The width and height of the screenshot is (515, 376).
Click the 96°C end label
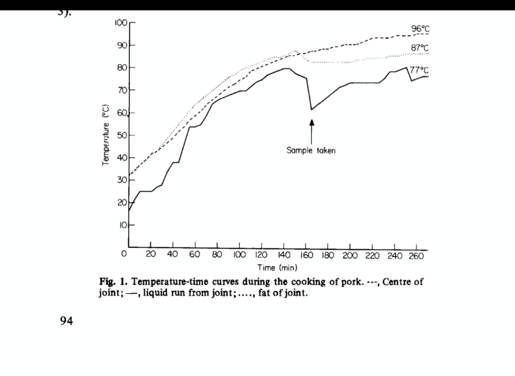(420, 29)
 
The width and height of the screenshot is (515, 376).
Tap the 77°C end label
(420, 70)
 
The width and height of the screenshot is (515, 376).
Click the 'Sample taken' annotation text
(311, 150)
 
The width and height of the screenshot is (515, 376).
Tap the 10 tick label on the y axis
(122, 225)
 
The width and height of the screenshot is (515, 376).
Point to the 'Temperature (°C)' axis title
(106, 136)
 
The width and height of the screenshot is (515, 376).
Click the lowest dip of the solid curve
(312, 110)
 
